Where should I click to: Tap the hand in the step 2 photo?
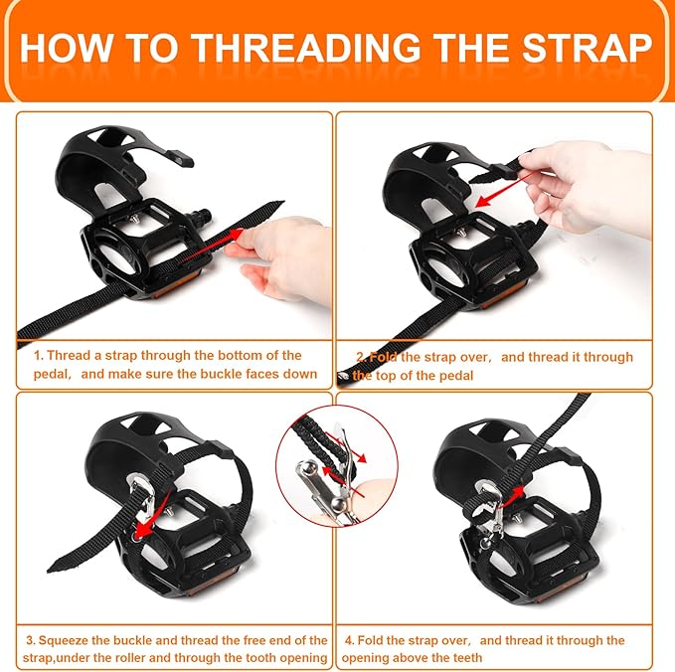tap(577, 184)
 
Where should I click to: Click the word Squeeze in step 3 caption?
tap(70, 639)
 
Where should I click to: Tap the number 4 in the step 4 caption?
tap(346, 640)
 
